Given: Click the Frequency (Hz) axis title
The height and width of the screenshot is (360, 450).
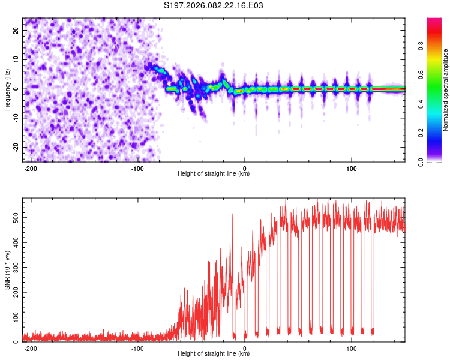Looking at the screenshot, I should [x=7, y=89].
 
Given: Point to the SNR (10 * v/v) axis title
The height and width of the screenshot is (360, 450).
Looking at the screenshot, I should [x=7, y=270].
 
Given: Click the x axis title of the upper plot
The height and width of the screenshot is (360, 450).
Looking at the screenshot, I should [x=214, y=173].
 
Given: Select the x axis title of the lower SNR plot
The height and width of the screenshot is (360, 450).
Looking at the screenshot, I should [x=214, y=353].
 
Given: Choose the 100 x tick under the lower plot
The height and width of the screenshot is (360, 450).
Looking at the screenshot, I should [x=350, y=347].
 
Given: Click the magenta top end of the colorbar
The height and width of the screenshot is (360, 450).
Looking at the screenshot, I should [x=434, y=20].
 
